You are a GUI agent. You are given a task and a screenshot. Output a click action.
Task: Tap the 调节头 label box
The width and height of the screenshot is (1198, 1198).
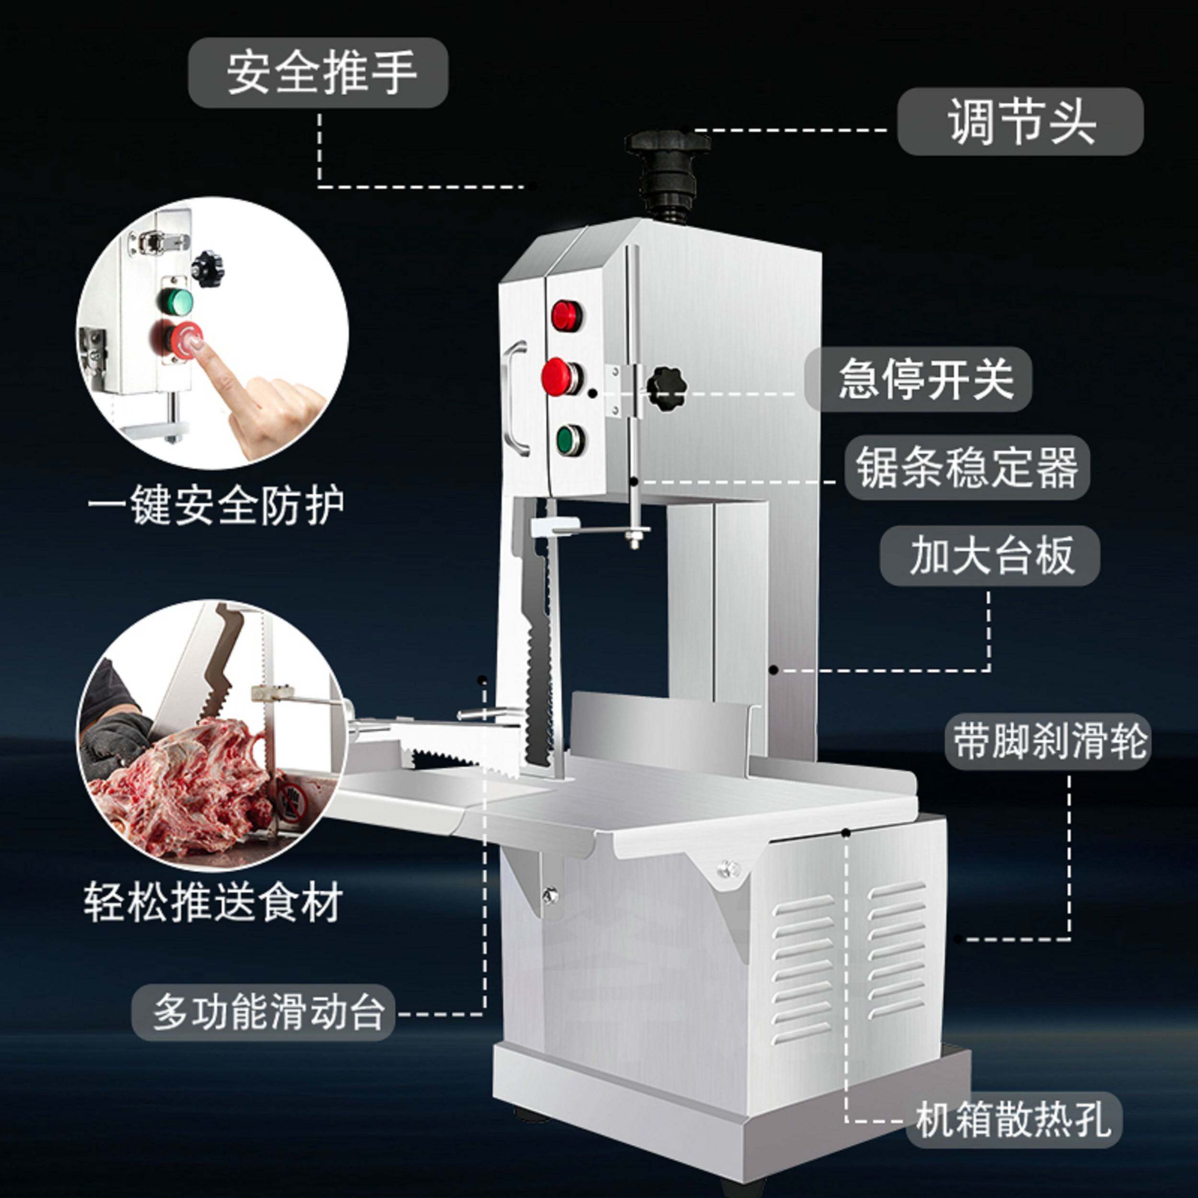[1020, 122]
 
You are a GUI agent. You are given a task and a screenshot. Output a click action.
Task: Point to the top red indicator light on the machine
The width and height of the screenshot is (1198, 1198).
[567, 314]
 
